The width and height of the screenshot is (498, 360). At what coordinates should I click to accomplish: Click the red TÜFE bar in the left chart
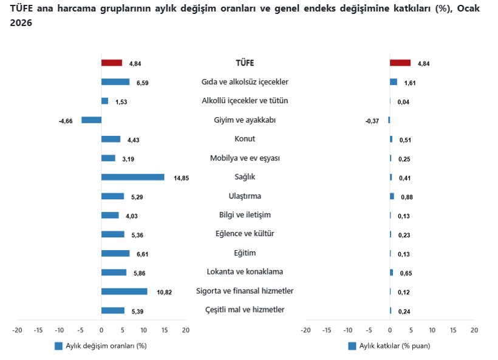click(112, 63)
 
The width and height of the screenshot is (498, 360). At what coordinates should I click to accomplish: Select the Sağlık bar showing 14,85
click(132, 177)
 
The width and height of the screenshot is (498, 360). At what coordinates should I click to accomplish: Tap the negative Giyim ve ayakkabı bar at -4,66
click(92, 120)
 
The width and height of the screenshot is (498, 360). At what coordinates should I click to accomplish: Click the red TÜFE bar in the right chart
click(400, 63)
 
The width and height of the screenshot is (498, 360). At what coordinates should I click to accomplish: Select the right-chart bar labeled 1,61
click(394, 82)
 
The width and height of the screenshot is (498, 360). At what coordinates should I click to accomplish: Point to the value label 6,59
click(143, 83)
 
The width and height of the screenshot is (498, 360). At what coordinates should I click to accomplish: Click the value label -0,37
click(372, 121)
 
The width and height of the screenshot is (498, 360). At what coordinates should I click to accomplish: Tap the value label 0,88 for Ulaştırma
click(407, 197)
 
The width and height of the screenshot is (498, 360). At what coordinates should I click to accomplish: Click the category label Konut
click(245, 139)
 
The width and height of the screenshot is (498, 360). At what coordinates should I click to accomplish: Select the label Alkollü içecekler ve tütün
click(245, 101)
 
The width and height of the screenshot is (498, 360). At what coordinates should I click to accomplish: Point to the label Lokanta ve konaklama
click(245, 272)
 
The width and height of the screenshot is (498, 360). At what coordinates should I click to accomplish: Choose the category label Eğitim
click(245, 253)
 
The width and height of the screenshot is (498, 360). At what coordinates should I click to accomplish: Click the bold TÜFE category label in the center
click(245, 63)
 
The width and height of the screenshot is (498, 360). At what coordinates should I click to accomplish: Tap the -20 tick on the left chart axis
click(17, 330)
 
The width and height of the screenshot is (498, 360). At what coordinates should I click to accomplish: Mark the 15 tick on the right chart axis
click(453, 330)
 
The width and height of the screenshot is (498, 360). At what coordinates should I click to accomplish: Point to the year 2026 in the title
click(21, 22)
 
